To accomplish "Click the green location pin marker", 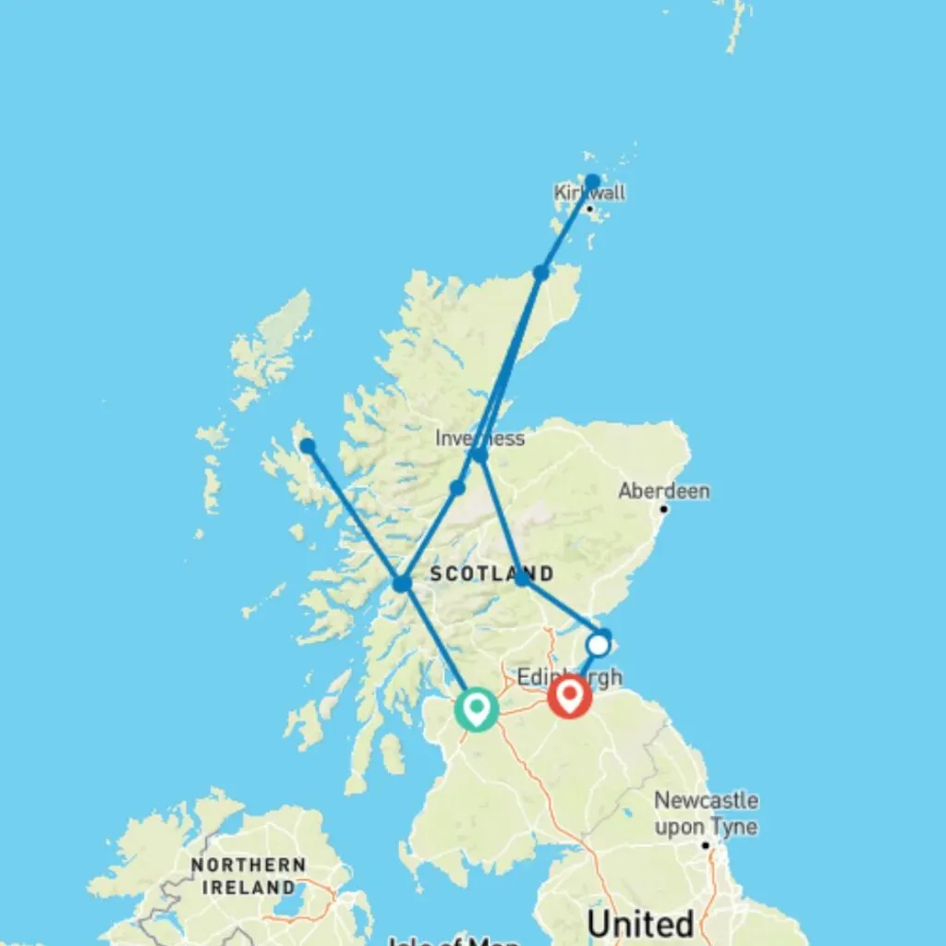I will point(476,709).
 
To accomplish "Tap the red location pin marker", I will point(569,696).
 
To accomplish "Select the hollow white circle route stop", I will point(599,644).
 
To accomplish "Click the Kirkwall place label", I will point(589,193).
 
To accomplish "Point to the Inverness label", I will point(479,438).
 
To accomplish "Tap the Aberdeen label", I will point(664,491).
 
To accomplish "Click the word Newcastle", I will point(706,800).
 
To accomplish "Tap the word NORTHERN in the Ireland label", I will point(248,866).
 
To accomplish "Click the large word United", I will point(639,924).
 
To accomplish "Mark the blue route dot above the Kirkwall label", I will point(592,181).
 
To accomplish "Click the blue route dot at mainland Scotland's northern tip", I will point(540,273).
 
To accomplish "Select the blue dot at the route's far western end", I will point(307,446).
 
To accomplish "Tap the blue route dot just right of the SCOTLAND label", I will point(522,578).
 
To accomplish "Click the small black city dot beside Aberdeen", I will point(663,508).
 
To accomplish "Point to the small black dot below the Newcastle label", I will point(705,844).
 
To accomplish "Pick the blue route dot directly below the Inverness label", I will point(479,455).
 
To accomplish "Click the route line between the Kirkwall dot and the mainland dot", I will point(566,226).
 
